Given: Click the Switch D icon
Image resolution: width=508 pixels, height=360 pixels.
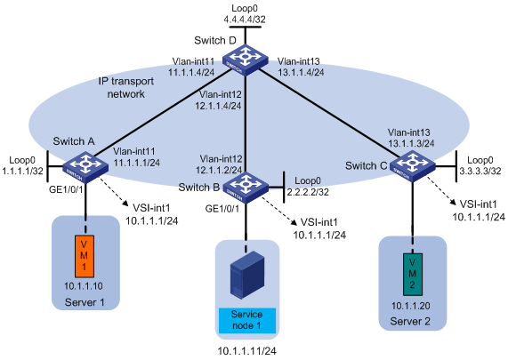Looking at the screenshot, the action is point(245,60).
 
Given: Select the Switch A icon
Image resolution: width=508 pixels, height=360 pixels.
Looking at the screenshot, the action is point(85,167).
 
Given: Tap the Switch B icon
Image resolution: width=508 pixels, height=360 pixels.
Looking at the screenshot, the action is point(246,188).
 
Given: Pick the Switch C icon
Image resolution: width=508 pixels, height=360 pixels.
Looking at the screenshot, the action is point(413,166).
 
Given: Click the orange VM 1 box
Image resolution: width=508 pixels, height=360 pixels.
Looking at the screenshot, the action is point(85,256).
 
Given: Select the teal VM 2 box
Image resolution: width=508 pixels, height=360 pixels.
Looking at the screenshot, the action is point(413,275).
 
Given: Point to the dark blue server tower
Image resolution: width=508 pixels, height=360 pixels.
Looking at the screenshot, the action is point(246,276).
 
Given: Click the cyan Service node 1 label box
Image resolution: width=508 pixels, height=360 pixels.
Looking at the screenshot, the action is point(247,321).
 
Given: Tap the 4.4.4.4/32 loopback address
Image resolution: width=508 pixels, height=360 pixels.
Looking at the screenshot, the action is point(245,20).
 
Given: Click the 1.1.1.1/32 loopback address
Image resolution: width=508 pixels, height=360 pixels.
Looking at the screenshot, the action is point(22,171).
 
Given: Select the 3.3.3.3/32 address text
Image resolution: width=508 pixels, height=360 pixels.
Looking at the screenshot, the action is point(480,171).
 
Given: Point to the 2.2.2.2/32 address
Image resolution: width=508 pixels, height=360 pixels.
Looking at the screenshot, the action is point(308,192).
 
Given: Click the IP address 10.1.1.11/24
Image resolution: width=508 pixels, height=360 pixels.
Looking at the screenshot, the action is point(246,351).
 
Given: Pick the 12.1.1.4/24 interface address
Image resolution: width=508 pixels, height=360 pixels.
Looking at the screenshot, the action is point(218,106).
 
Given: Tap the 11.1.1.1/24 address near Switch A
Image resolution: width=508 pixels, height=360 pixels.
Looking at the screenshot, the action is point(137,163).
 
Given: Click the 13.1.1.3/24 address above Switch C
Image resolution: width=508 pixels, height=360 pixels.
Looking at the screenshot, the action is point(411,143).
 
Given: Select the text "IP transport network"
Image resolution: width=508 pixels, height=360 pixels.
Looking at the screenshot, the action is point(126,87).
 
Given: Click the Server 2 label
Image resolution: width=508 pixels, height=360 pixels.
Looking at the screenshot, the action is point(410,322).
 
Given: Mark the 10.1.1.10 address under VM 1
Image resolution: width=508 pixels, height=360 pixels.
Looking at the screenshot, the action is point(84,286).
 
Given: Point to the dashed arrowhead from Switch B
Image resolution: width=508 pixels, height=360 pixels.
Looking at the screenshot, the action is point(294,222).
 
